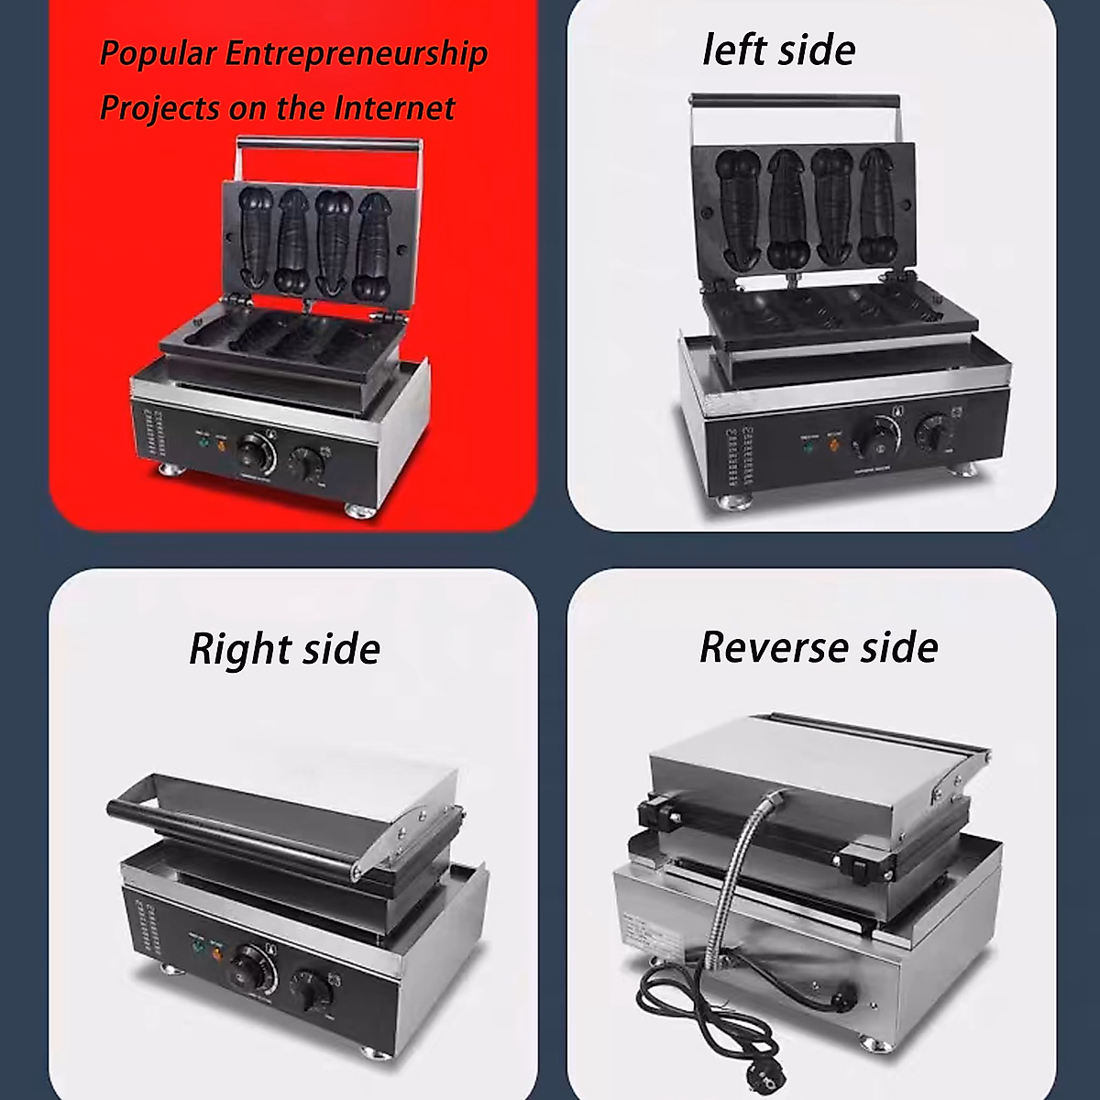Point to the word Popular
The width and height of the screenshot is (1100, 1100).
tap(158, 53)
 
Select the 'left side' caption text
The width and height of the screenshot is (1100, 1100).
tap(778, 49)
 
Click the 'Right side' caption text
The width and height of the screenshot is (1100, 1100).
tap(284, 649)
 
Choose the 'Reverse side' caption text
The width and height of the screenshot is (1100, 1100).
tap(819, 647)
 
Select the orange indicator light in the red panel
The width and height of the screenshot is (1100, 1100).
tap(220, 446)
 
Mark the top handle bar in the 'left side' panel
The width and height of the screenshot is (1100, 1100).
tap(793, 98)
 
